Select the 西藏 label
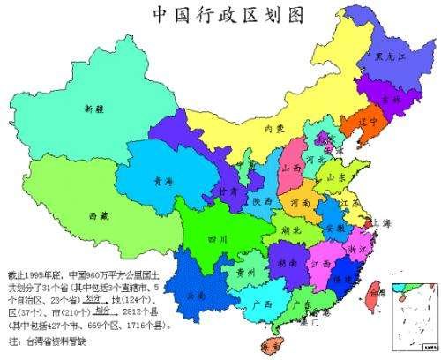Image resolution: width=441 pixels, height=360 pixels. [99, 215]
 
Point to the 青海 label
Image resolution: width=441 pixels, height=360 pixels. [163, 180]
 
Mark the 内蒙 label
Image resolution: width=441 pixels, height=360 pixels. [275, 130]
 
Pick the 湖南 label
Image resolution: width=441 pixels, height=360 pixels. [285, 263]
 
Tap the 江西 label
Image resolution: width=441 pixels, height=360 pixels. [319, 264]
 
